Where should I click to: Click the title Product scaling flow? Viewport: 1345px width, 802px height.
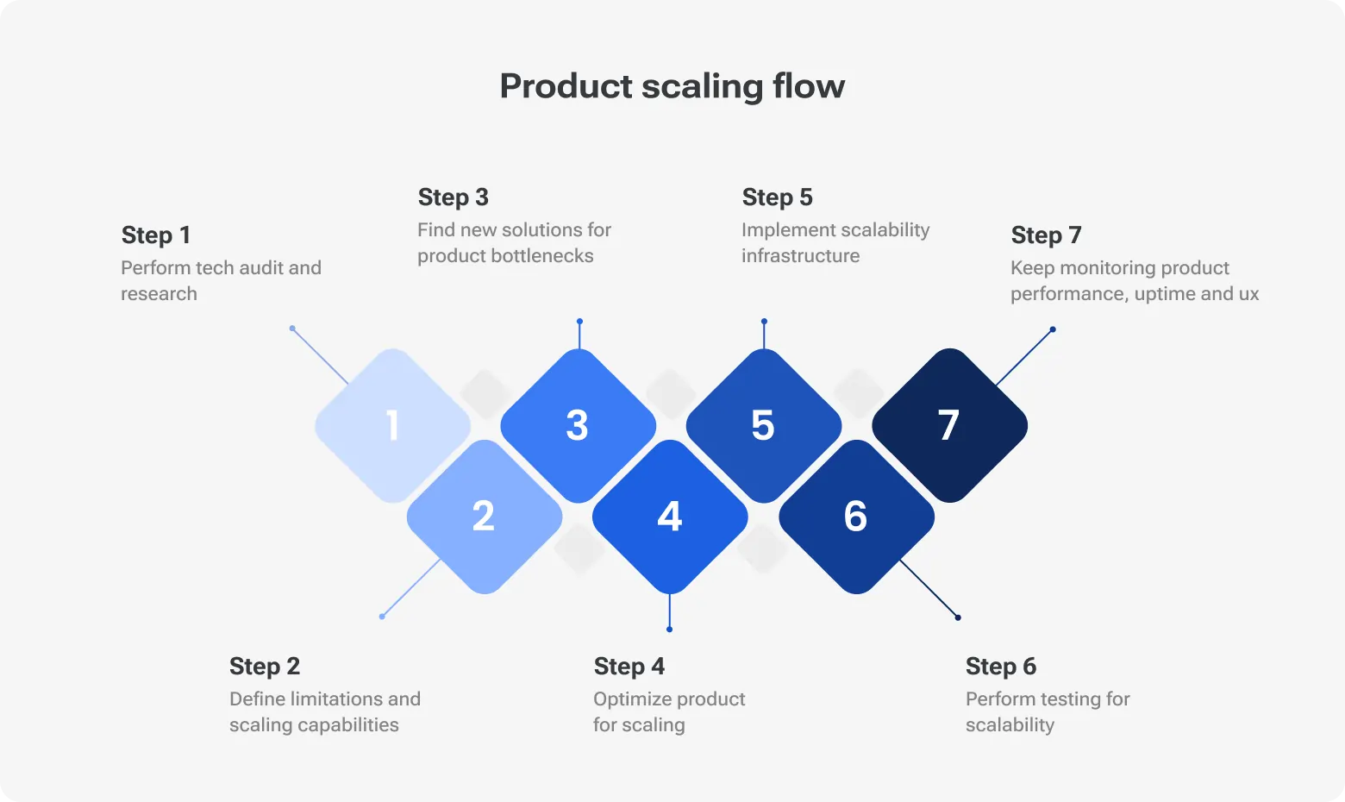click(x=672, y=86)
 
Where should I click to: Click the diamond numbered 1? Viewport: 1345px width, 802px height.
click(x=392, y=425)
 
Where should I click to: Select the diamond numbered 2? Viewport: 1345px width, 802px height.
click(x=484, y=517)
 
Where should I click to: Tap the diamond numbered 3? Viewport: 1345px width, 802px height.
click(x=578, y=425)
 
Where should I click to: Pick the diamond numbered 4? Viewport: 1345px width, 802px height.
click(x=670, y=517)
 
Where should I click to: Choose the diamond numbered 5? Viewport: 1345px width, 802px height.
click(x=763, y=425)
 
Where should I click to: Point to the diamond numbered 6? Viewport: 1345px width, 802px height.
click(x=855, y=517)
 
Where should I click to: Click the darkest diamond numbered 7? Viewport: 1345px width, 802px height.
click(x=948, y=425)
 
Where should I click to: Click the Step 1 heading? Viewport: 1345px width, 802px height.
click(x=156, y=235)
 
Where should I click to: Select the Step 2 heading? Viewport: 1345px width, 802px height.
click(x=265, y=667)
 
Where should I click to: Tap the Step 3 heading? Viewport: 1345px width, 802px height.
click(x=454, y=197)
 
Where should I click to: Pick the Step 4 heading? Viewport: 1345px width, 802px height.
click(x=629, y=667)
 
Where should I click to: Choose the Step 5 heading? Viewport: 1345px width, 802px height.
click(x=778, y=197)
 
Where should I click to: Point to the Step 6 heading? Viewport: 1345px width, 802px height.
click(x=1001, y=667)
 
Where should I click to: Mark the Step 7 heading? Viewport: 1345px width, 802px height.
click(x=1046, y=235)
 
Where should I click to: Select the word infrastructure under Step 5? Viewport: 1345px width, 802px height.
click(x=800, y=256)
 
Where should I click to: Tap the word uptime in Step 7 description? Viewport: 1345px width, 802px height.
click(x=1164, y=294)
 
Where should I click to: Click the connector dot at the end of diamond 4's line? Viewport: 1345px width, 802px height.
click(x=670, y=630)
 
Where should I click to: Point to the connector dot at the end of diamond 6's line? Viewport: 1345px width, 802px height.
click(x=958, y=617)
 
